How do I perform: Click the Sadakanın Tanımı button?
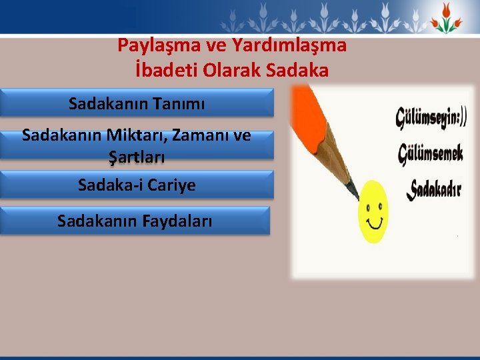(x=137, y=104)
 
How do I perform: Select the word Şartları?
(x=137, y=158)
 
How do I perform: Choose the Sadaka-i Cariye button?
(x=137, y=185)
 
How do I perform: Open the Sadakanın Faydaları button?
(x=135, y=221)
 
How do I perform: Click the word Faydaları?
(x=175, y=221)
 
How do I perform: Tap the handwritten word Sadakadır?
(x=435, y=189)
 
